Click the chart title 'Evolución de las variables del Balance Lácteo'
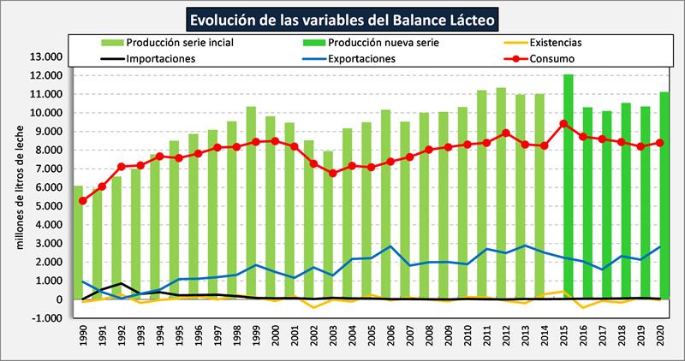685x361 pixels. (x=342, y=18)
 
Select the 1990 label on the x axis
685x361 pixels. (x=83, y=336)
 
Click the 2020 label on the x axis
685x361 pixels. (x=661, y=336)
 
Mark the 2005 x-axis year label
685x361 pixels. (x=372, y=336)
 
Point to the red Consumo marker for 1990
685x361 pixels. (x=82, y=201)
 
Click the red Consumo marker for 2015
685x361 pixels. (x=563, y=123)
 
